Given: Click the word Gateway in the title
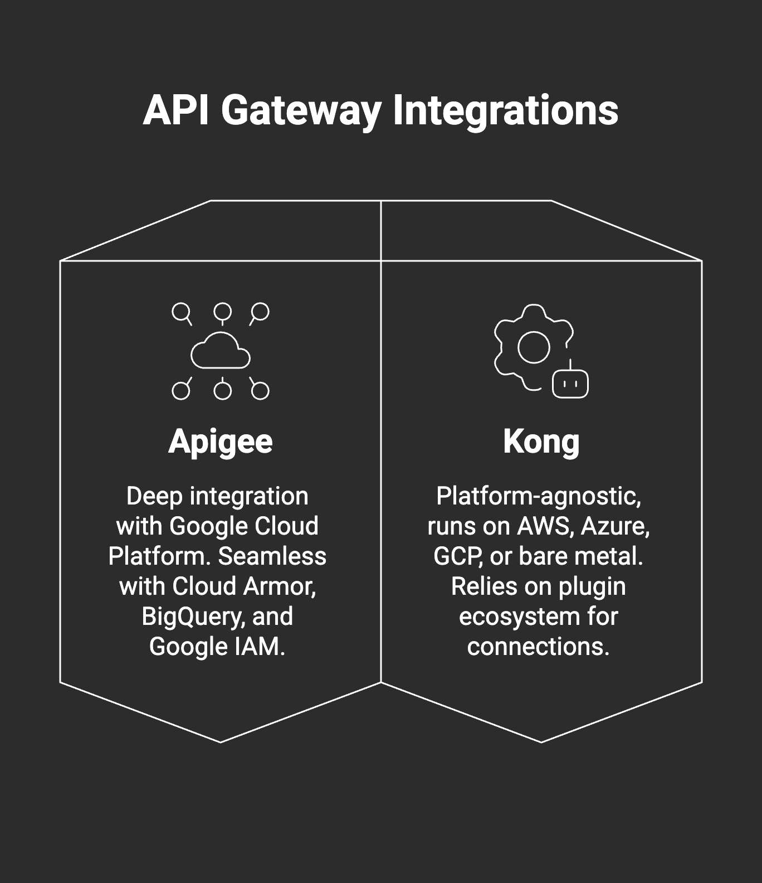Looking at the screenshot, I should click(301, 110).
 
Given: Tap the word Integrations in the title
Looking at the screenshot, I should click(505, 110).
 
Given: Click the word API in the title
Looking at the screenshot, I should click(176, 110).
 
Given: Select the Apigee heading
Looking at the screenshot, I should click(221, 442).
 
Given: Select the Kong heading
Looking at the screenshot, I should click(541, 442).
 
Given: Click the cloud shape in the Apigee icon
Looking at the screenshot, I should click(221, 352).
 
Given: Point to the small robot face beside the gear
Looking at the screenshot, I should click(570, 384).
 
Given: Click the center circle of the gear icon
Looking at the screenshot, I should click(534, 347).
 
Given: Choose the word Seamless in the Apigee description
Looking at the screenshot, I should click(272, 556).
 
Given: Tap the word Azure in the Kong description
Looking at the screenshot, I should click(615, 526).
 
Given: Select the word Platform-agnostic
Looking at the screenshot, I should click(539, 496).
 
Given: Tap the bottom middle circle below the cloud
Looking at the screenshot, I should click(223, 391).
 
